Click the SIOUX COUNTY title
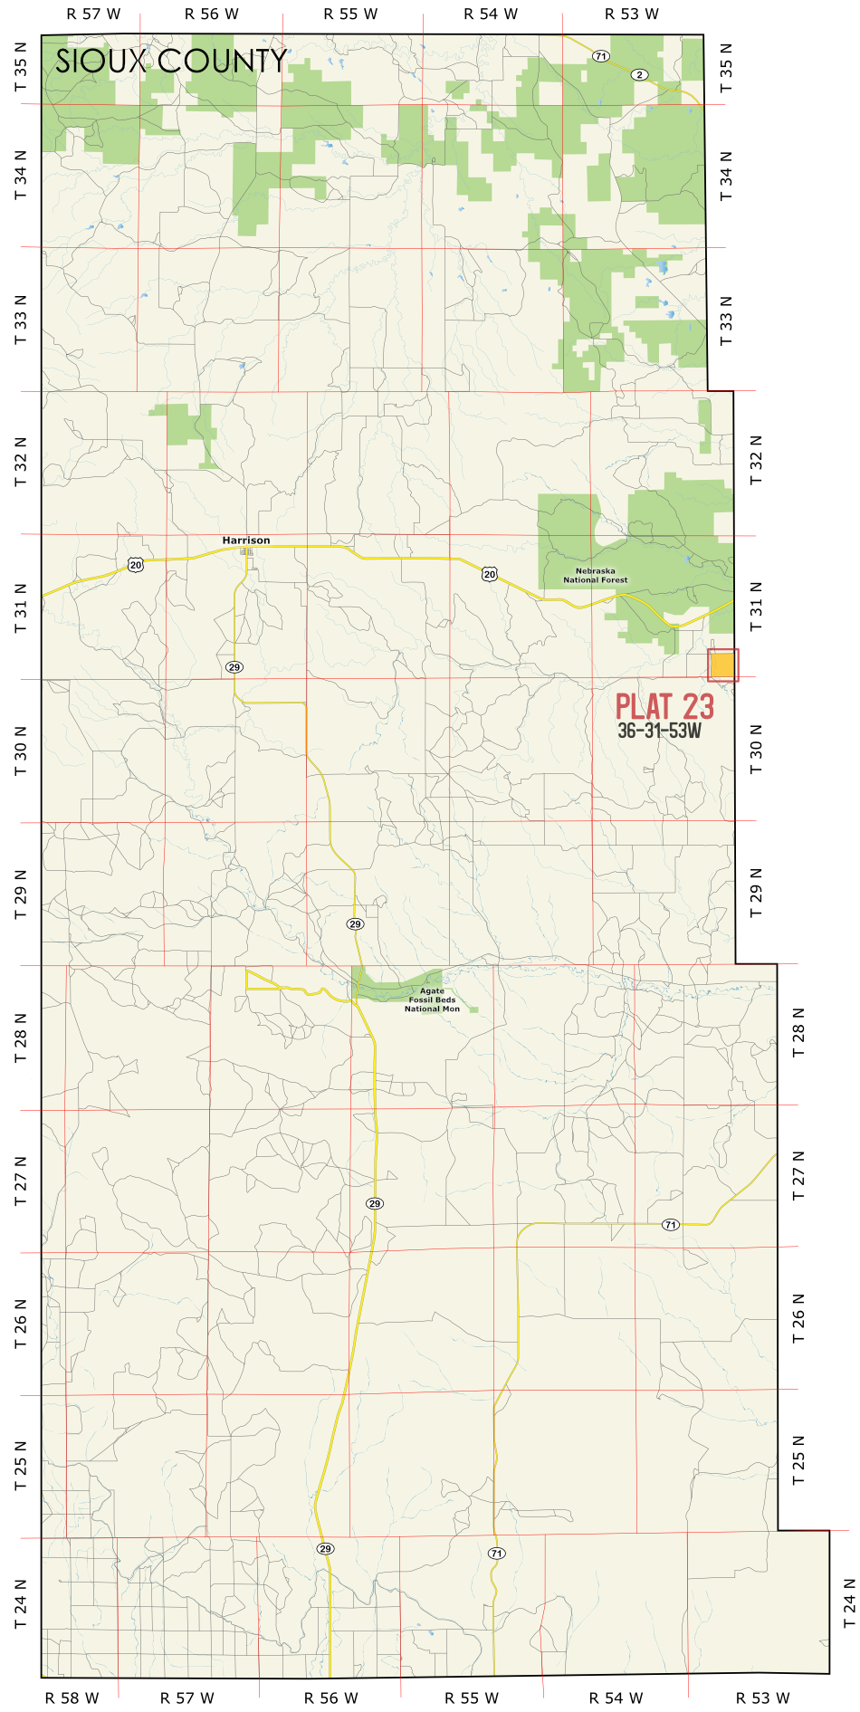171,62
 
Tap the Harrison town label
246,540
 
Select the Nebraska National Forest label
595,576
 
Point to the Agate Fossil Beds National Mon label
432,999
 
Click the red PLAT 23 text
664,707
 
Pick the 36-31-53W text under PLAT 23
659,731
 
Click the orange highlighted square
722,665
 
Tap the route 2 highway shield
640,74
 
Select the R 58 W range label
72,1698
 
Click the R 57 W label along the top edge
93,14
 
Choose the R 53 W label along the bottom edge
762,1698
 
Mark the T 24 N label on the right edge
849,1603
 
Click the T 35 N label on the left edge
20,67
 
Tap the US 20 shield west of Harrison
135,565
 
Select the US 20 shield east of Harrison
489,574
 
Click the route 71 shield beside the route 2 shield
600,56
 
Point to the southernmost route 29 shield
325,1549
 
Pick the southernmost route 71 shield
496,1554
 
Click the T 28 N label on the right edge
798,1033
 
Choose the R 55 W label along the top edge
350,14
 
